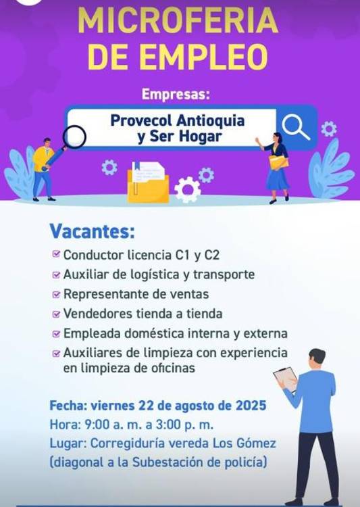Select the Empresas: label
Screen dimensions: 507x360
pyautogui.click(x=176, y=95)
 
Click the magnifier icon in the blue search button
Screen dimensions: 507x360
pyautogui.click(x=295, y=126)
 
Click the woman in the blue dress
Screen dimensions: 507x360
pyautogui.click(x=277, y=166)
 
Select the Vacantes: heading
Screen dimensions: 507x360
pyautogui.click(x=92, y=232)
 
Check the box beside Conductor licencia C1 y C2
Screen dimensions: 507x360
pyautogui.click(x=55, y=256)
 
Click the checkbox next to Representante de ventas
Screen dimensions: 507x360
pyautogui.click(x=55, y=295)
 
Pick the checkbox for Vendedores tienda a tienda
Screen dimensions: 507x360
pyautogui.click(x=55, y=314)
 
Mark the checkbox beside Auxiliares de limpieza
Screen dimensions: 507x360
pyautogui.click(x=55, y=353)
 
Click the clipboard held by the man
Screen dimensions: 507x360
pyautogui.click(x=284, y=378)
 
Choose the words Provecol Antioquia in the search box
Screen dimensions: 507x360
pyautogui.click(x=177, y=121)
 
